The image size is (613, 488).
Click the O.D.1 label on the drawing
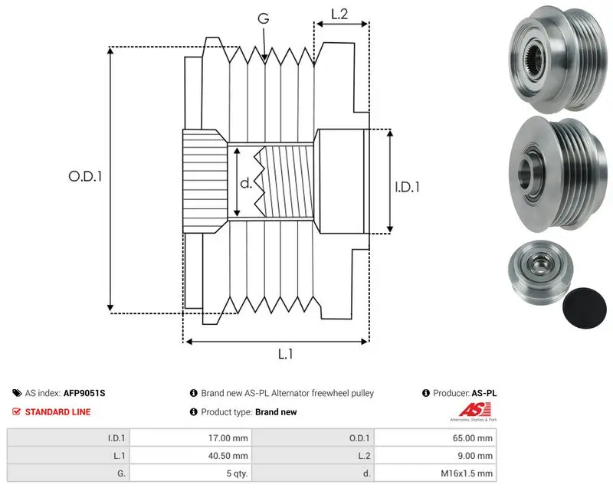coord(85,177)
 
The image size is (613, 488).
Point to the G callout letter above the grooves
coord(264,18)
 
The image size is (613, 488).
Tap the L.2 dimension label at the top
coord(339,14)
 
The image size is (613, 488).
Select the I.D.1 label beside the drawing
coord(407,187)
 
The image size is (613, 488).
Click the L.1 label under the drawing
coord(285,354)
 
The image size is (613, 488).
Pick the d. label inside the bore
coord(246,183)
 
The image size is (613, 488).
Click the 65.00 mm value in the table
coord(472,438)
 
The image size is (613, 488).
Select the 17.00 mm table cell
coord(228,438)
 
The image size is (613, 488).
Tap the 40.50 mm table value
coord(228,456)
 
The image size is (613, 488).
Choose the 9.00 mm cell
coord(474,456)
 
